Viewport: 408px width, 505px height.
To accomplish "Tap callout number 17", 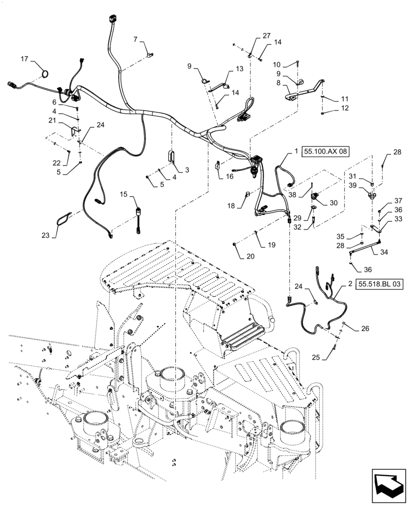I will [24, 60].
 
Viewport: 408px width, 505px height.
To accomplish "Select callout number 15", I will [124, 194].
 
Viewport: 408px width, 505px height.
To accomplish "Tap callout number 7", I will [135, 39].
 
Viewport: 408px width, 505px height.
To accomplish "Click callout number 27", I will [266, 35].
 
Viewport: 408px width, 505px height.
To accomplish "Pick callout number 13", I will [239, 69].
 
